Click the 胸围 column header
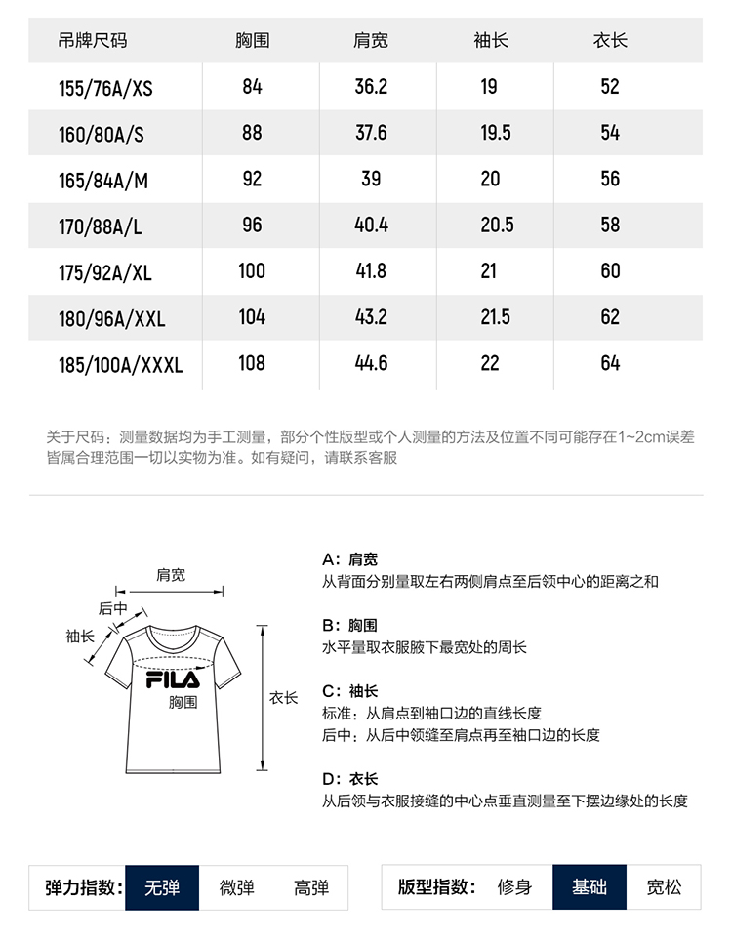point(252,41)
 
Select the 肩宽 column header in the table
point(370,41)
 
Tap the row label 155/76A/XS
point(105,88)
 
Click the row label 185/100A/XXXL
point(121,365)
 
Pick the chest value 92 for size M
point(252,179)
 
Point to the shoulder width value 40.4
point(371,225)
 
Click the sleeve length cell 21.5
point(495,317)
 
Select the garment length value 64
point(610,363)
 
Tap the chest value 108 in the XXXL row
point(252,363)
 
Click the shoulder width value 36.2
point(371,86)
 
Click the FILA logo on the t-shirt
point(173,679)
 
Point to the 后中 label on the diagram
point(112,608)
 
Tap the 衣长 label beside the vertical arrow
point(283,698)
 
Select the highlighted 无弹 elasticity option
point(162,887)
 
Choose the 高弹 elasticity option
point(311,887)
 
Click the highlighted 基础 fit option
point(590,887)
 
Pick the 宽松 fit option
point(665,887)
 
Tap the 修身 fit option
point(514,887)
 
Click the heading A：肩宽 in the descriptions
point(349,559)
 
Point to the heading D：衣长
point(349,779)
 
